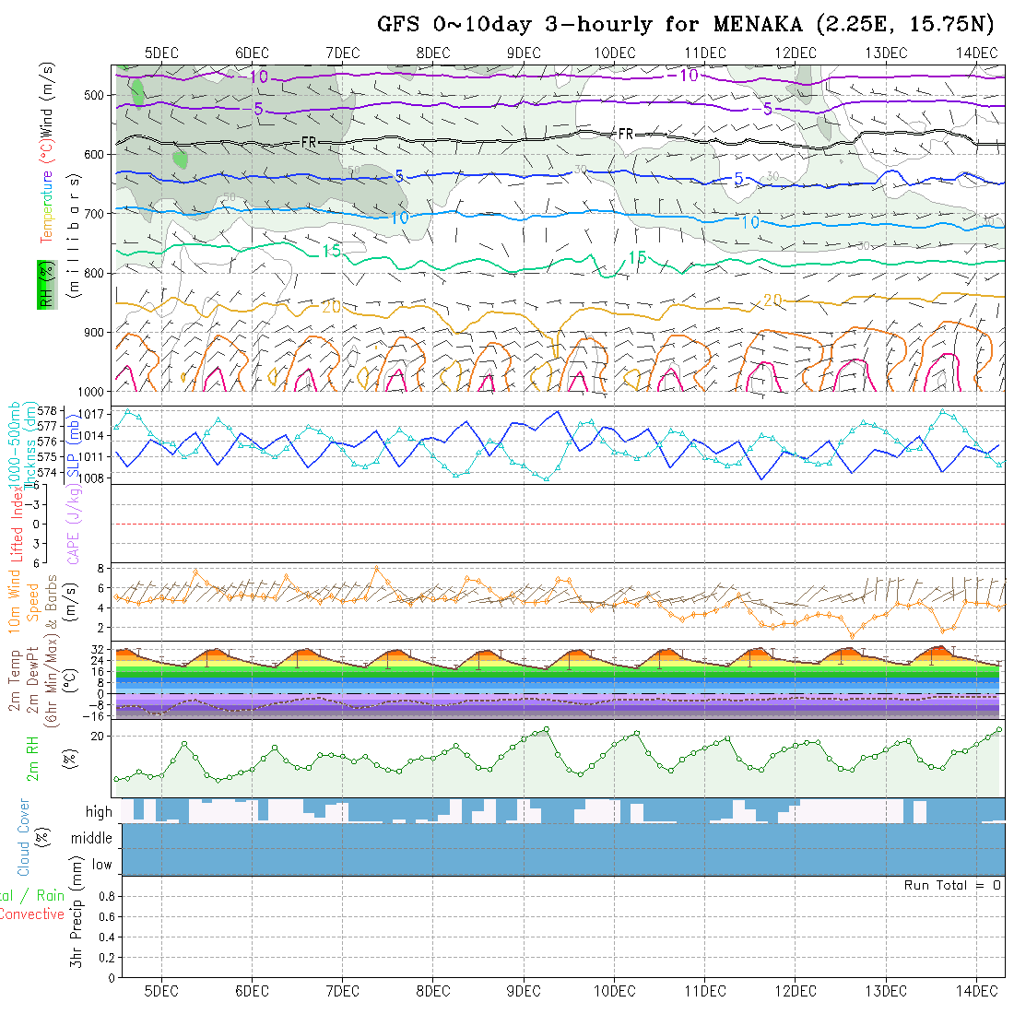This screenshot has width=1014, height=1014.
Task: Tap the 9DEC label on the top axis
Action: point(524,53)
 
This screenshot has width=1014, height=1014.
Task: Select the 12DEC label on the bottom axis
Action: point(795,991)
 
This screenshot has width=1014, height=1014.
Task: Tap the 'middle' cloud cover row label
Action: point(91,838)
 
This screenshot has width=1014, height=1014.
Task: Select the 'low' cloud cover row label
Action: point(101,865)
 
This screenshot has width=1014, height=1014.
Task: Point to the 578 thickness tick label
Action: point(48,410)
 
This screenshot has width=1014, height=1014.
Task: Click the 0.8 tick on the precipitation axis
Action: point(104,896)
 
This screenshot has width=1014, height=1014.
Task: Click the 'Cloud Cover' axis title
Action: point(24,838)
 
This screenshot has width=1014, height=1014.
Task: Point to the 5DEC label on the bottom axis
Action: point(161,991)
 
